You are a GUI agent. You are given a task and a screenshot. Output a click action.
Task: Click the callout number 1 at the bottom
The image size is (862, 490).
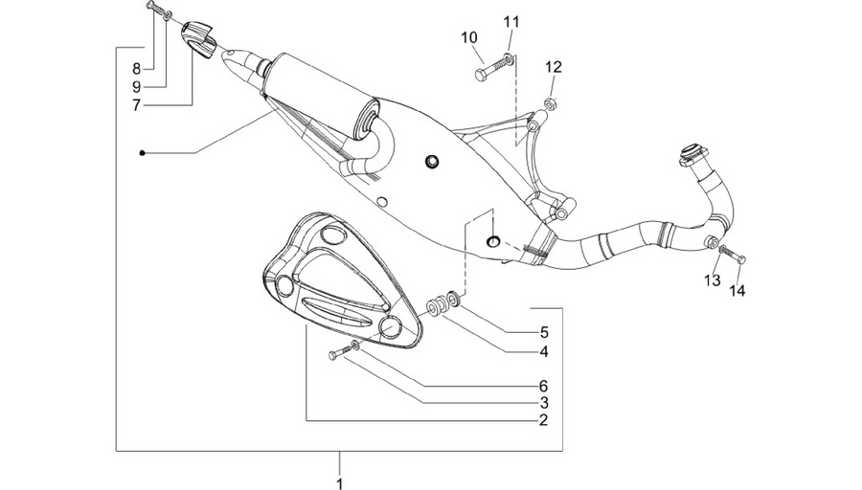[340, 483]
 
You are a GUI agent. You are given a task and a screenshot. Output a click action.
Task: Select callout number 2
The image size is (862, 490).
[544, 420]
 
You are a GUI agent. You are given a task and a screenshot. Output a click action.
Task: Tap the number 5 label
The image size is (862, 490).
[544, 332]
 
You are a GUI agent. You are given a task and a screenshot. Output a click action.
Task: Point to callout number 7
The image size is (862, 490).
[136, 105]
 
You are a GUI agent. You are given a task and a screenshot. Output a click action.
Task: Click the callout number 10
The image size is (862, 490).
[469, 38]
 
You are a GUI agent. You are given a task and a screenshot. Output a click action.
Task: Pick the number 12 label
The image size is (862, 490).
[554, 67]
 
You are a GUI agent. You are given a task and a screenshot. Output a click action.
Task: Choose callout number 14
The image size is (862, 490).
[737, 291]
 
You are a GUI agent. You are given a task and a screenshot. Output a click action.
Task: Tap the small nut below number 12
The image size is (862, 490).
[551, 102]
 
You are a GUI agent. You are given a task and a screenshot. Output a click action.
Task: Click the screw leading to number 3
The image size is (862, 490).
[339, 352]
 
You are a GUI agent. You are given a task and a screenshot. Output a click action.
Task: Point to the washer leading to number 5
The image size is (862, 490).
[454, 300]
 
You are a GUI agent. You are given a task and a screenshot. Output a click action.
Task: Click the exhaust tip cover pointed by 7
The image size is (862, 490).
[198, 38]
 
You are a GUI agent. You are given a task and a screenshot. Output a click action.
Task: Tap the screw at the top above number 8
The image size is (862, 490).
[155, 9]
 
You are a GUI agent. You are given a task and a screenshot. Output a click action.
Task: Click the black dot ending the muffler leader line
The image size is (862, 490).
[142, 153]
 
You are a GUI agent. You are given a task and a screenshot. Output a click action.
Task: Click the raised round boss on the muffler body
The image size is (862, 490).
[432, 161]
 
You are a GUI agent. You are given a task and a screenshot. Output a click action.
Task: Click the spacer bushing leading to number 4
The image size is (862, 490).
[437, 307]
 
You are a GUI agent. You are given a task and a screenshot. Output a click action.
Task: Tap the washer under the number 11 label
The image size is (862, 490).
[511, 58]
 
